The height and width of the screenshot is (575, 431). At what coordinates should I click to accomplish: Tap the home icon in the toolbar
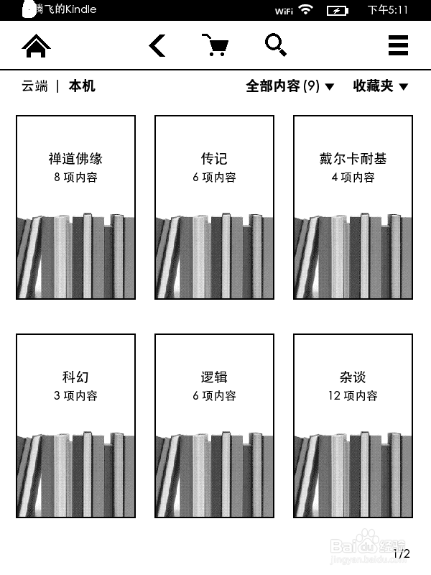click(37, 46)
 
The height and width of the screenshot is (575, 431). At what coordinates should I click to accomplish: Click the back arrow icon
click(157, 46)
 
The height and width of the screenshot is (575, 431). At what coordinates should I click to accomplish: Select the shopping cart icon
click(215, 45)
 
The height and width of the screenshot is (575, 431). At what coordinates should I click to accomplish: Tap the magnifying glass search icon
click(276, 45)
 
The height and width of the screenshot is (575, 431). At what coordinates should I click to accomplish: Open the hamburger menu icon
click(398, 46)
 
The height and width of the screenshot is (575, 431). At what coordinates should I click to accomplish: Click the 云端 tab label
click(34, 86)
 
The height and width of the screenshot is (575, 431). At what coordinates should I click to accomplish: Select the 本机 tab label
click(82, 86)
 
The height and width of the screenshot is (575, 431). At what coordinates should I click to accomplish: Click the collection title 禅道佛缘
click(75, 159)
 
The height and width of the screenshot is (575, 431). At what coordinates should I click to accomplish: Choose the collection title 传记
click(214, 159)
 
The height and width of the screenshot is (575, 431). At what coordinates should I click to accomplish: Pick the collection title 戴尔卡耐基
click(353, 159)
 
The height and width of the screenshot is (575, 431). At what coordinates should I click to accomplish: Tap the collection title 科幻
click(75, 377)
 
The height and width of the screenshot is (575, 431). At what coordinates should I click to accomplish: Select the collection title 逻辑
click(214, 377)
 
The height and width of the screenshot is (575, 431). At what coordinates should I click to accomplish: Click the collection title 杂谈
click(353, 377)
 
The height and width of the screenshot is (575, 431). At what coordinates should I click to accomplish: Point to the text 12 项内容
click(353, 396)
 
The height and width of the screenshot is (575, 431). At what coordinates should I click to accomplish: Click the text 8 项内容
click(75, 178)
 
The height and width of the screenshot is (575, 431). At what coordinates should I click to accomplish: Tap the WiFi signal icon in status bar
click(306, 9)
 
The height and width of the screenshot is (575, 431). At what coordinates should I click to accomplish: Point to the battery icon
click(337, 10)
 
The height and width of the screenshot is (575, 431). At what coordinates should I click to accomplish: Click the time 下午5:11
click(388, 10)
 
